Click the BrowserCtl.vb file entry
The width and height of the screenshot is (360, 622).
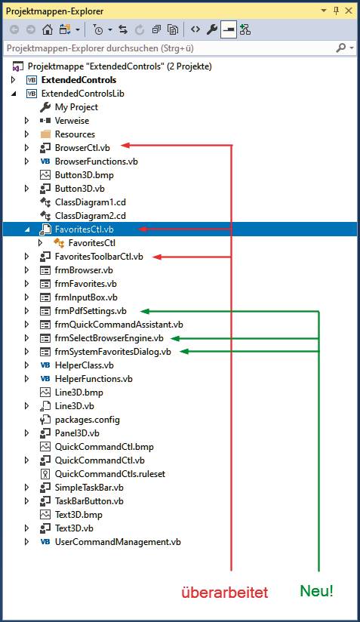82,148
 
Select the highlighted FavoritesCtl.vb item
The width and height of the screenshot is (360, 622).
84,229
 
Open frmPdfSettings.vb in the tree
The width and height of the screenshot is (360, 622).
91,311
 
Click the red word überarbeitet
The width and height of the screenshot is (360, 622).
225,593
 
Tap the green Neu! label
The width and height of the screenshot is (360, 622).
316,591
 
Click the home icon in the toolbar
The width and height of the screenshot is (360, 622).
48,29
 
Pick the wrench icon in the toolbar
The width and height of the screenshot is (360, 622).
212,29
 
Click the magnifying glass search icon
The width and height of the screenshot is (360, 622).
340,48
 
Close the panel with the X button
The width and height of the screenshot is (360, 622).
349,11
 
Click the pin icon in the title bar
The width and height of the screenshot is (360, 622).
336,11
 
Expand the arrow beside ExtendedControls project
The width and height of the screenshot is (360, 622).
14,80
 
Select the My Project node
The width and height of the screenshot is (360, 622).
76,107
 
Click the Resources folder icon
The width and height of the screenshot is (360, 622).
45,134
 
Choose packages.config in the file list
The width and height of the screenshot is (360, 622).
88,420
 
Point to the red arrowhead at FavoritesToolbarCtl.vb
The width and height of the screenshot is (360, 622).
158,257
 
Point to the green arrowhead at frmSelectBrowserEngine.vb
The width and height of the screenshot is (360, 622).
175,338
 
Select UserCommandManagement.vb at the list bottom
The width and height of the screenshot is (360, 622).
118,542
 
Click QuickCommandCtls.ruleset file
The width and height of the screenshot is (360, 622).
110,474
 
